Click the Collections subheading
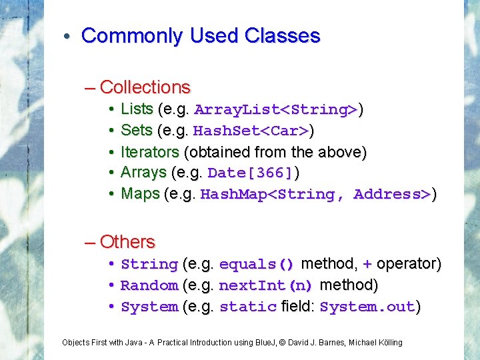[x=145, y=87]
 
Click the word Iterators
[x=149, y=151]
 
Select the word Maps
[x=140, y=194]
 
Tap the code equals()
[x=256, y=264]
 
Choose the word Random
[x=149, y=285]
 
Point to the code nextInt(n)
[x=265, y=285]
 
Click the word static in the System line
[x=247, y=307]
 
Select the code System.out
[x=367, y=307]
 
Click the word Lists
[x=137, y=109]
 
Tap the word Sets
[x=137, y=130]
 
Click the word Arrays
[x=143, y=173]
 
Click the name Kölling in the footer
[x=390, y=343]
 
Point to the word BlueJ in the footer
[x=267, y=343]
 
